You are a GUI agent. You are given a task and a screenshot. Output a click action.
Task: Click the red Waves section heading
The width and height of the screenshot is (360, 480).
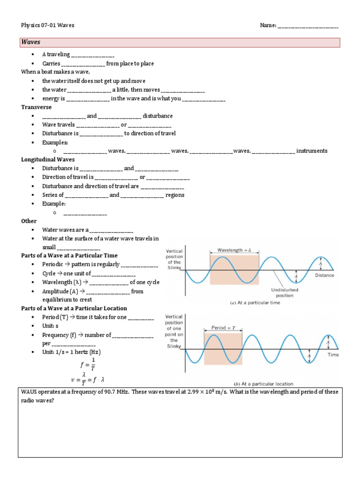click(x=31, y=42)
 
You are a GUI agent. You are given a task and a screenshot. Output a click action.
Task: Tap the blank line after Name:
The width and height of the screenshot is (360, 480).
click(x=308, y=25)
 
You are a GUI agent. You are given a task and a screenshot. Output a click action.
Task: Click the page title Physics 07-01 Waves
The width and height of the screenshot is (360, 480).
click(x=48, y=25)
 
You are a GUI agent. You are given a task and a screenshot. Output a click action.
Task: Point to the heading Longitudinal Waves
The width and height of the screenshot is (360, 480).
click(x=48, y=159)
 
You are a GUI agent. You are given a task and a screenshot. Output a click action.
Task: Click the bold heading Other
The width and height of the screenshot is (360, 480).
click(x=29, y=221)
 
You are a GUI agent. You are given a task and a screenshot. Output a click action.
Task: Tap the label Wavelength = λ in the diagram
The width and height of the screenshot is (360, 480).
click(x=234, y=250)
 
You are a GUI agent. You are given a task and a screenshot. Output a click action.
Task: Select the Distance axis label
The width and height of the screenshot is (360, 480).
click(x=324, y=275)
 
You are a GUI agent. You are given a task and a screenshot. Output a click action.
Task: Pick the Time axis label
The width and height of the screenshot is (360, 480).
click(x=333, y=355)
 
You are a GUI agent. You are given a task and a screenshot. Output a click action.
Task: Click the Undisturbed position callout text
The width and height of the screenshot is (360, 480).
click(x=284, y=292)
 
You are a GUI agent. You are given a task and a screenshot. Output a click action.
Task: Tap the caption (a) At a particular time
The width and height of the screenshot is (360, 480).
click(x=255, y=303)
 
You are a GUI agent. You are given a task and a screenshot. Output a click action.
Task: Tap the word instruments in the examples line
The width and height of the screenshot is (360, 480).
click(x=312, y=151)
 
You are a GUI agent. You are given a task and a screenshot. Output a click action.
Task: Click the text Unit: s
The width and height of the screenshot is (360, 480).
click(x=50, y=326)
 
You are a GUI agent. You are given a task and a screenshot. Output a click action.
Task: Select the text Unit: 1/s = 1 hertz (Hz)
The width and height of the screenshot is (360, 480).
click(x=71, y=352)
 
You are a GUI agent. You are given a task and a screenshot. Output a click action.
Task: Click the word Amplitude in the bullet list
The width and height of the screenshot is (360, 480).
click(x=57, y=291)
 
